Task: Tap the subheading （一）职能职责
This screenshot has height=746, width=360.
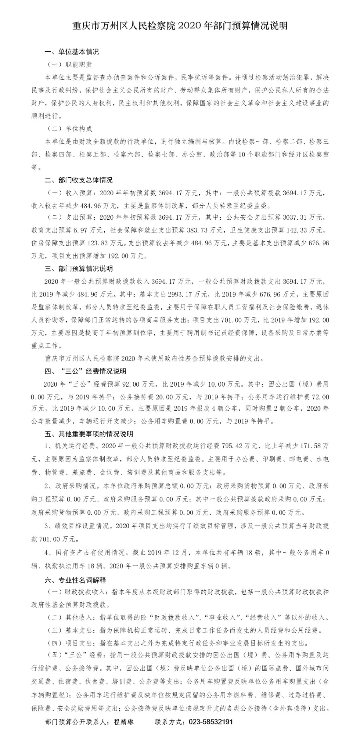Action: (x=70, y=64)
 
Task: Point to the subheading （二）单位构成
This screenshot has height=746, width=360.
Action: (x=70, y=129)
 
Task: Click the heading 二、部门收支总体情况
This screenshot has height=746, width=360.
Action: (x=78, y=180)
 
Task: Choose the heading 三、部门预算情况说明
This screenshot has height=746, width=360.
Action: (x=78, y=269)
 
